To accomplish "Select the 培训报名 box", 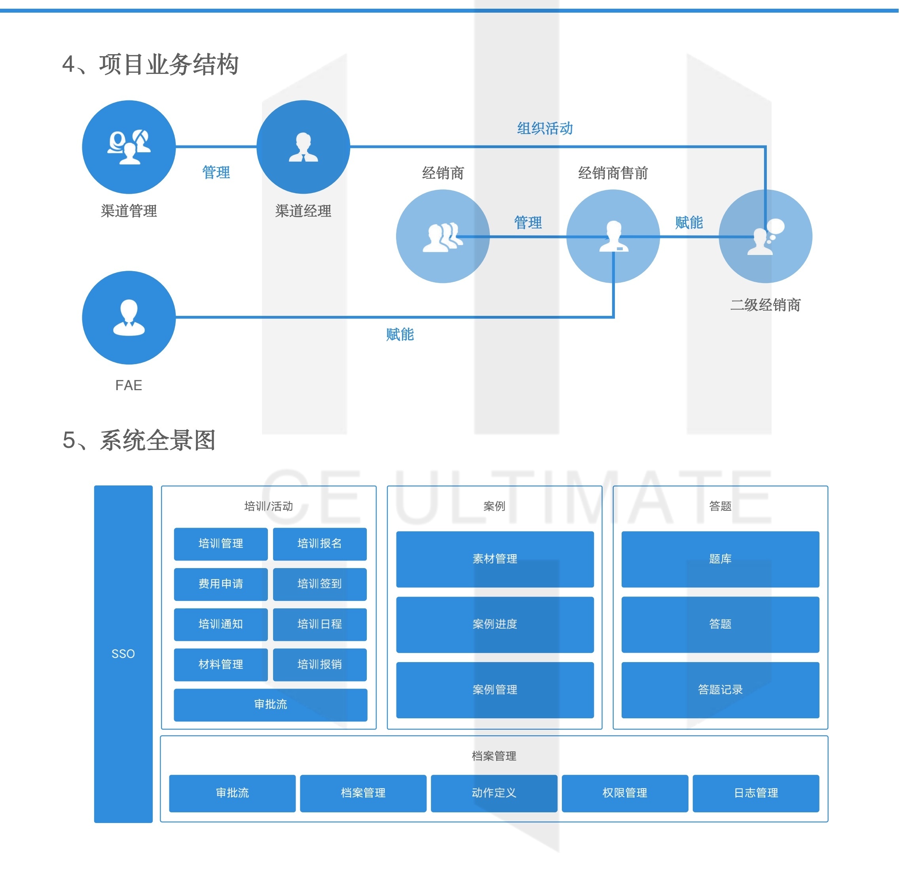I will pyautogui.click(x=319, y=544).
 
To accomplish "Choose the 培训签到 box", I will pyautogui.click(x=319, y=584).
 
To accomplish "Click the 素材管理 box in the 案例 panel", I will pyautogui.click(x=495, y=559).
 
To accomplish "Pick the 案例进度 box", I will pyautogui.click(x=495, y=624).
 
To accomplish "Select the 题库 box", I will pyautogui.click(x=720, y=559).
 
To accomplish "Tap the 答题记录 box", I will pyautogui.click(x=720, y=689).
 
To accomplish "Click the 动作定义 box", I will pyautogui.click(x=494, y=793).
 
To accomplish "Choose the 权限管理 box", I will pyautogui.click(x=624, y=793).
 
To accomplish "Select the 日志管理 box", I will pyautogui.click(x=756, y=793).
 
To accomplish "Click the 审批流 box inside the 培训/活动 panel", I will pyautogui.click(x=270, y=704).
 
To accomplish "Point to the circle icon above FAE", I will pyautogui.click(x=129, y=317).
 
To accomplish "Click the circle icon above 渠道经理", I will pyautogui.click(x=303, y=147).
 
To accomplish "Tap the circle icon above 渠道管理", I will pyautogui.click(x=129, y=147).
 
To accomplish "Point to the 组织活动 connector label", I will pyautogui.click(x=545, y=128).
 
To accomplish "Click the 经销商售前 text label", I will pyautogui.click(x=613, y=173).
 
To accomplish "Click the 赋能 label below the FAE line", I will pyautogui.click(x=400, y=334).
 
